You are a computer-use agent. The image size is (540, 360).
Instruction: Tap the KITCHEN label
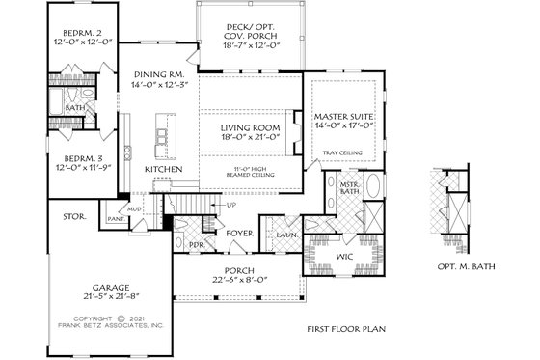[164, 169]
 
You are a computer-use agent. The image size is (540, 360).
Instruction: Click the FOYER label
[239, 234]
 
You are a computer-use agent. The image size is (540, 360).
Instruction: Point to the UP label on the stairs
[231, 205]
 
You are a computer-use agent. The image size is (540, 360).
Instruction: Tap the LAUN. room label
[286, 234]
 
